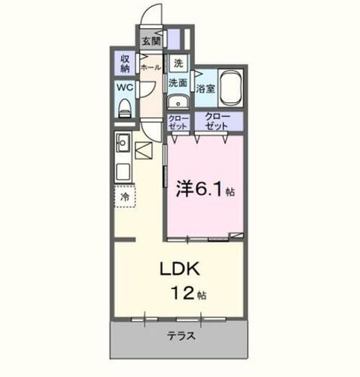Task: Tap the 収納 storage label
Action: coord(125,63)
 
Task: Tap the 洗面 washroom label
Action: coord(178,83)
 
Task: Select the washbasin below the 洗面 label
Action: coord(179,101)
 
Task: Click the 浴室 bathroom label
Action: coord(205,89)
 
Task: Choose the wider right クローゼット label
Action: coord(216,121)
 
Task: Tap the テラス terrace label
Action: coord(181,336)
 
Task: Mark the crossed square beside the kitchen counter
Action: coord(144,152)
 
